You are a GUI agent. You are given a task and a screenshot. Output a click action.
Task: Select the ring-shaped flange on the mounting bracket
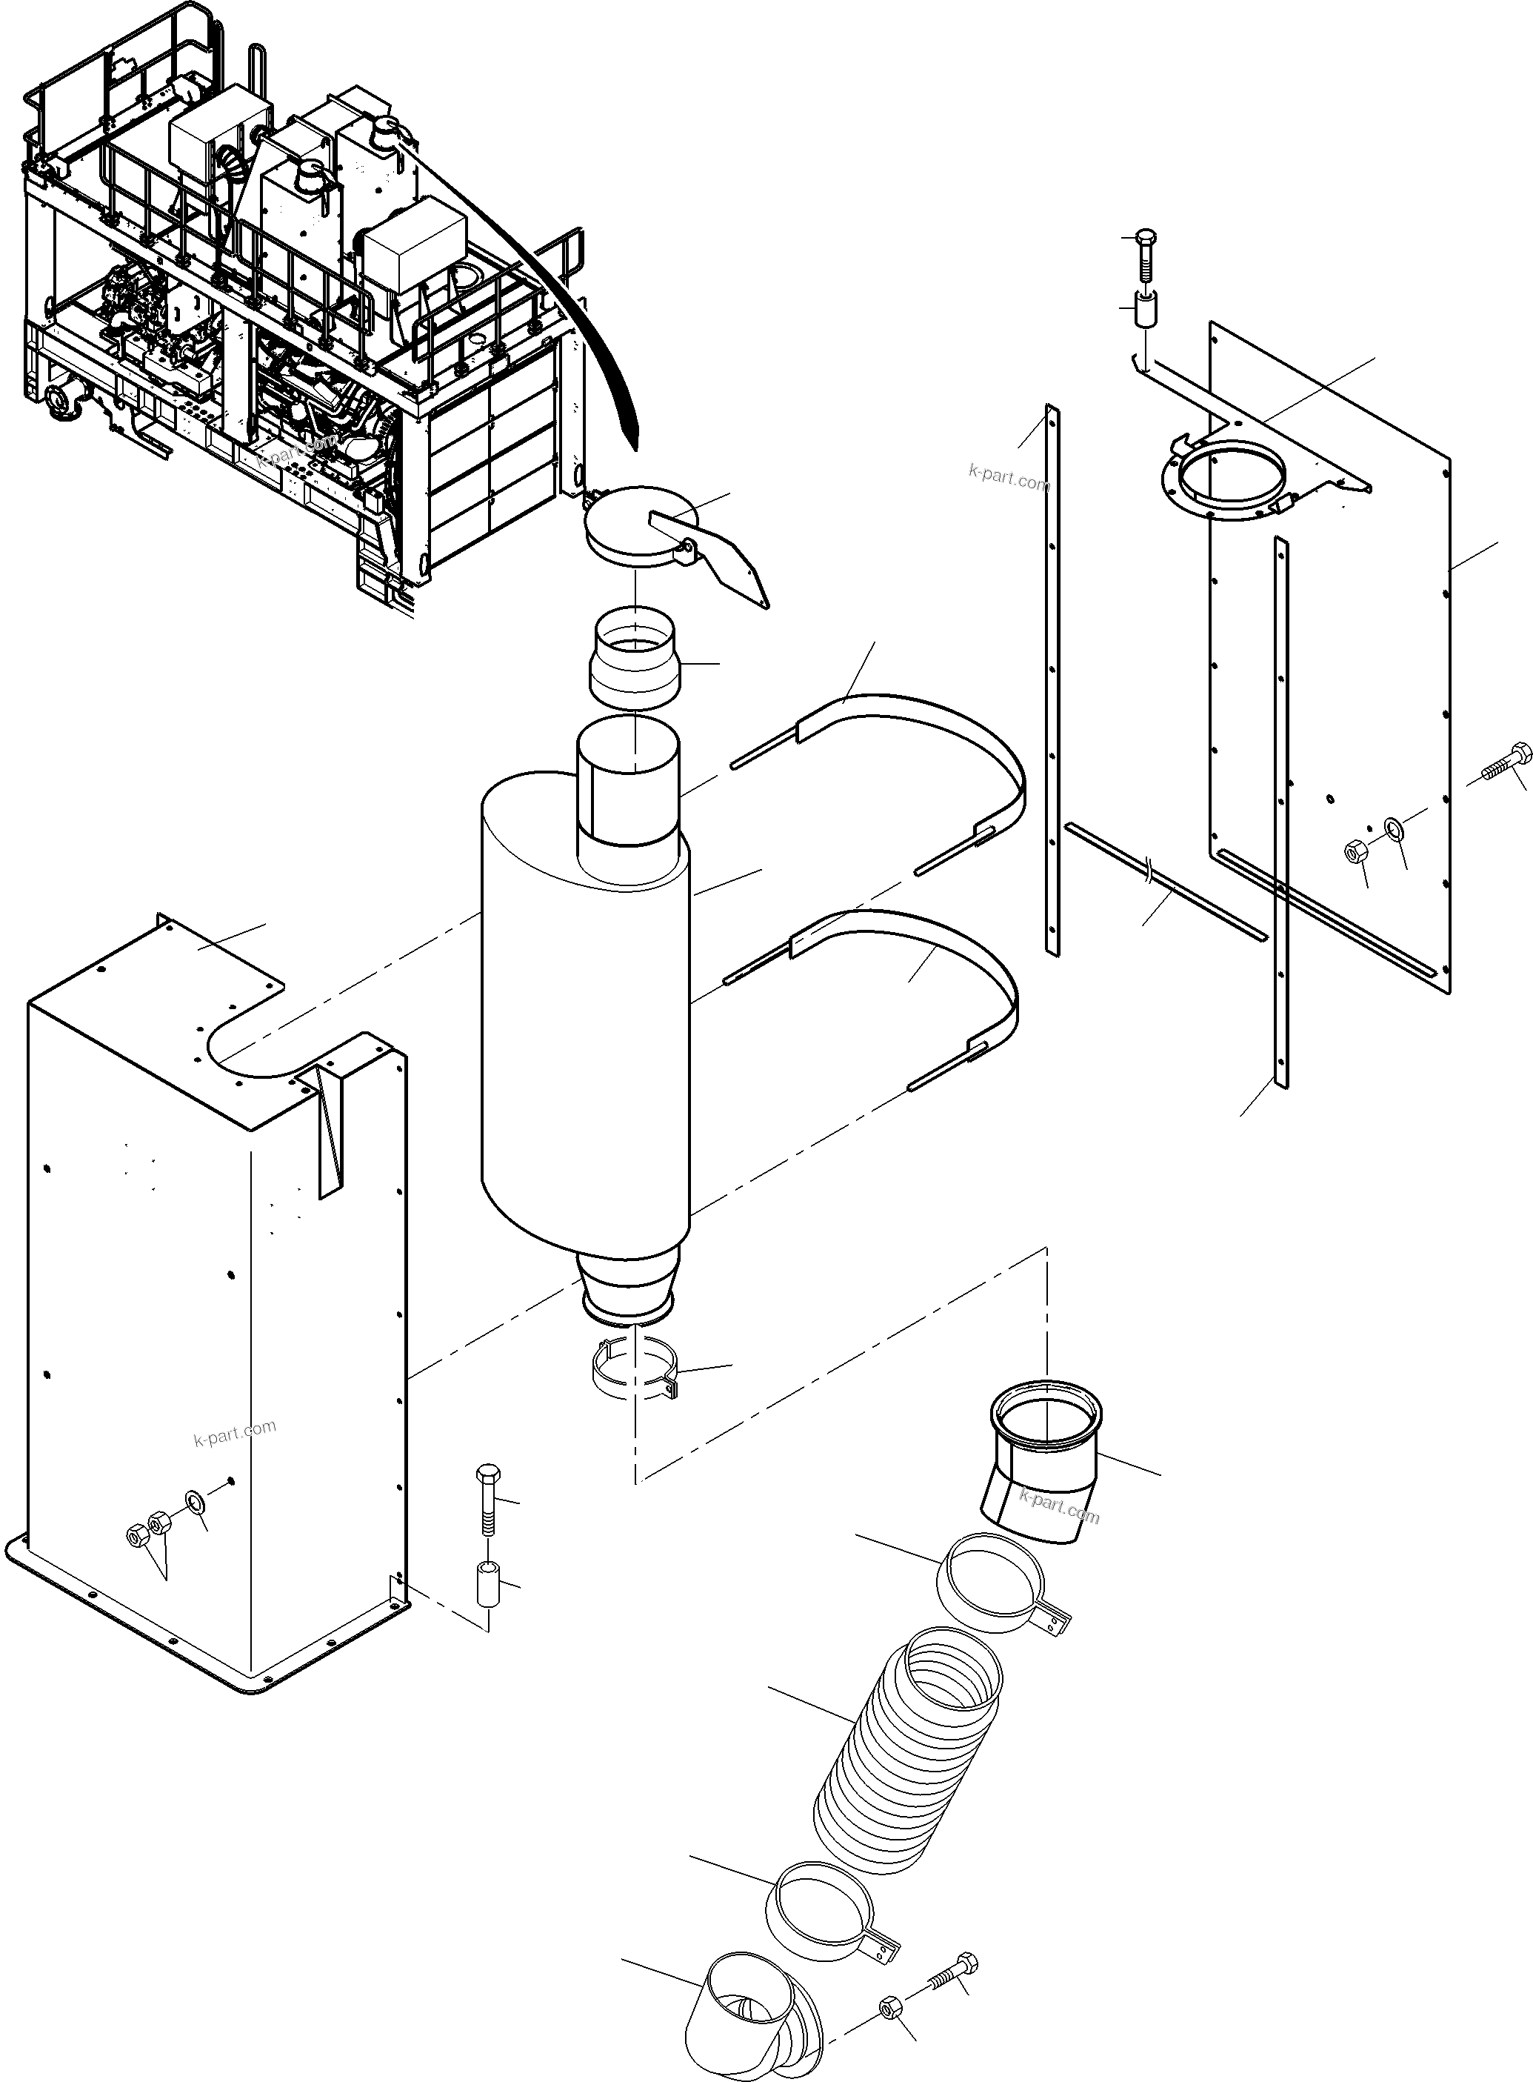point(1225,479)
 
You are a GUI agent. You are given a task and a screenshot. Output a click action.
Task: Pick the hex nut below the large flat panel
point(1354,848)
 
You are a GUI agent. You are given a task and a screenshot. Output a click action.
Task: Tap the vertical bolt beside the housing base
point(488,1504)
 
